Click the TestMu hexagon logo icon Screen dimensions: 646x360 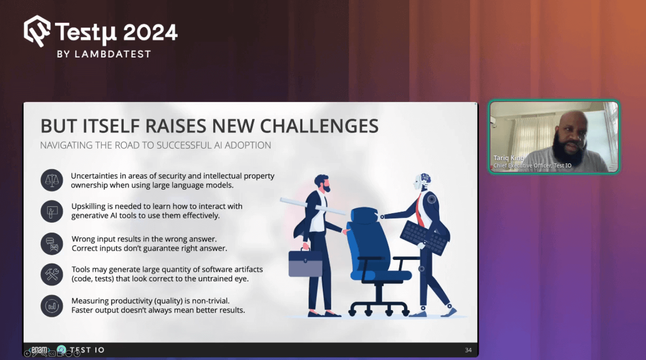[37, 31]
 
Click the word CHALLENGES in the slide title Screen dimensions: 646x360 [319, 126]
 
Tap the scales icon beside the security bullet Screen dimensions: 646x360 [52, 180]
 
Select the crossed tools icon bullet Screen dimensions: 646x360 [52, 275]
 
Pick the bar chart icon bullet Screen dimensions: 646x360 [52, 306]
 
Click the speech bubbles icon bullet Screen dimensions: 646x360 [52, 244]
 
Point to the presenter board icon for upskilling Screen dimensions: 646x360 [52, 211]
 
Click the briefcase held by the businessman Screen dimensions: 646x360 [305, 263]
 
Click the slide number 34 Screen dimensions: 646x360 [468, 350]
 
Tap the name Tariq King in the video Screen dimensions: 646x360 [508, 158]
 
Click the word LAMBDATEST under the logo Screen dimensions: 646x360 [113, 54]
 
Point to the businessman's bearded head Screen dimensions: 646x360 [322, 183]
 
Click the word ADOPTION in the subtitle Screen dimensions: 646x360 [248, 145]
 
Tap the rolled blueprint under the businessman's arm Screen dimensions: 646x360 [313, 206]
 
